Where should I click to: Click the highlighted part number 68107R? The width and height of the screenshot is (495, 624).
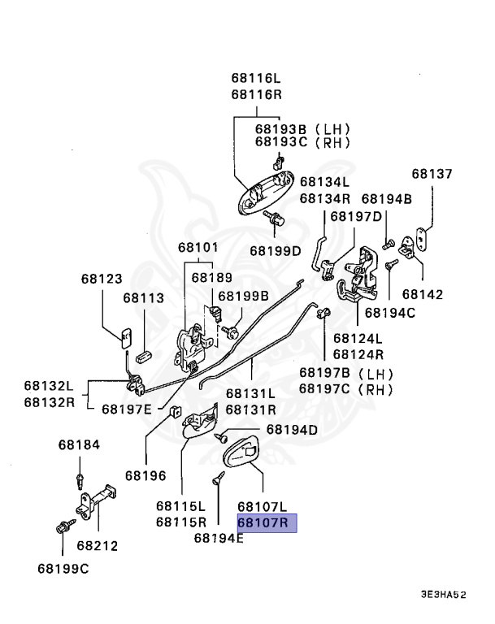click(x=267, y=522)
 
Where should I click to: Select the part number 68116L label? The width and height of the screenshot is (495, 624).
click(x=255, y=79)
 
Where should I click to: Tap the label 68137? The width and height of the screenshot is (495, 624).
click(x=432, y=174)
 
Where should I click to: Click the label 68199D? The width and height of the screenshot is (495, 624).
click(x=275, y=250)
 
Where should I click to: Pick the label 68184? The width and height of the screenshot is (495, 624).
click(x=78, y=445)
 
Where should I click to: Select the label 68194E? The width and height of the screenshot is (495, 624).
click(x=219, y=537)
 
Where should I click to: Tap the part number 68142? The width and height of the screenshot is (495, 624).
click(x=423, y=294)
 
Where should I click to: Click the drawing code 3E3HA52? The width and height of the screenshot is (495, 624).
click(x=443, y=595)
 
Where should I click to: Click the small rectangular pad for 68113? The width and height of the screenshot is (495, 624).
click(x=147, y=356)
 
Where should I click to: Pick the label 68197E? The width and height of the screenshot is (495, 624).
click(x=126, y=408)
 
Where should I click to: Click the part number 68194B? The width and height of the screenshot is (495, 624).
click(x=387, y=198)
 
